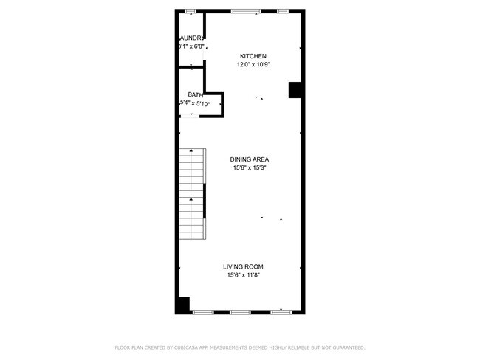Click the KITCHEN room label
click(253, 56)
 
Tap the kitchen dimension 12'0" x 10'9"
click(253, 65)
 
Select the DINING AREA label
click(249, 159)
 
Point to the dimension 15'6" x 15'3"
click(249, 168)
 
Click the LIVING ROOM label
click(244, 266)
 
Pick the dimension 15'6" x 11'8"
click(244, 275)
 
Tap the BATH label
click(195, 94)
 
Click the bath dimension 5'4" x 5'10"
click(195, 104)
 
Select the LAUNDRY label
click(191, 38)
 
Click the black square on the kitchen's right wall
click(295, 89)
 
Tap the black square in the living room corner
click(182, 305)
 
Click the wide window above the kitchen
click(245, 11)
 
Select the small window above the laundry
click(190, 11)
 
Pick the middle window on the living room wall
click(240, 312)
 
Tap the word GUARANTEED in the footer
click(346, 347)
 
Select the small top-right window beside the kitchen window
click(283, 11)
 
